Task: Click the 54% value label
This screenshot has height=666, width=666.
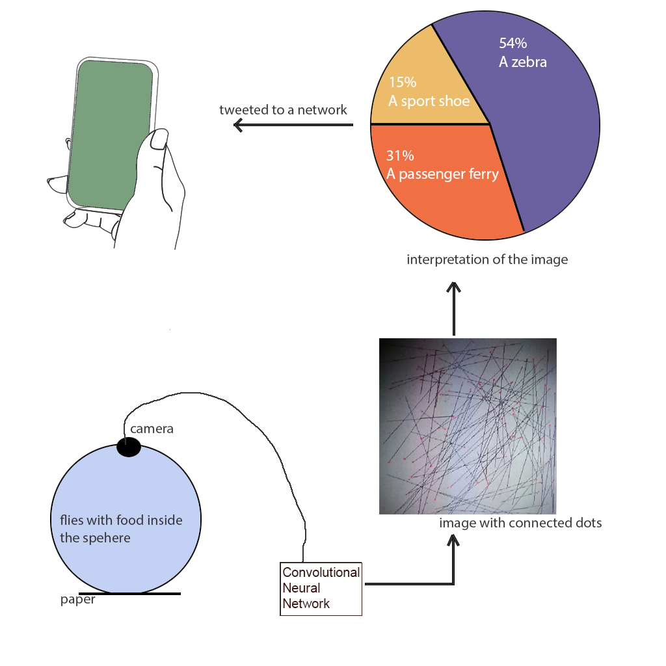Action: click(x=513, y=43)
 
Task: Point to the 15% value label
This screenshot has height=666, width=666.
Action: click(x=402, y=82)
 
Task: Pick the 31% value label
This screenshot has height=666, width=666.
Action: click(x=400, y=155)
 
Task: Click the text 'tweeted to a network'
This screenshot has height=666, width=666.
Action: click(x=283, y=109)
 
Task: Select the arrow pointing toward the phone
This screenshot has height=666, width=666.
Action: click(x=293, y=125)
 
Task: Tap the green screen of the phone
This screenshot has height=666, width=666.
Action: click(x=110, y=135)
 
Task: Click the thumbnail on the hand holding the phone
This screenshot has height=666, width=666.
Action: click(x=159, y=139)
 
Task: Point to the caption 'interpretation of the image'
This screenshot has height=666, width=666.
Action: click(x=487, y=259)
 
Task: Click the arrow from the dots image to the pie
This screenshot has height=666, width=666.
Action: click(x=453, y=309)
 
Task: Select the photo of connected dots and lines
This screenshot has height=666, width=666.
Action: click(x=468, y=426)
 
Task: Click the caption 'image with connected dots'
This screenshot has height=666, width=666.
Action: click(x=520, y=522)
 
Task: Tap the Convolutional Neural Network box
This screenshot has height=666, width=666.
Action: click(x=321, y=588)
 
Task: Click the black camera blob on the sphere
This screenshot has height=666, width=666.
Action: click(x=129, y=447)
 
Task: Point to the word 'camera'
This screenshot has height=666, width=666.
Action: click(x=152, y=429)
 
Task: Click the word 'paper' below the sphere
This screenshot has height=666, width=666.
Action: click(x=78, y=600)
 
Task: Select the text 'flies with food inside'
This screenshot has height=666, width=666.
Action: click(x=121, y=520)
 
